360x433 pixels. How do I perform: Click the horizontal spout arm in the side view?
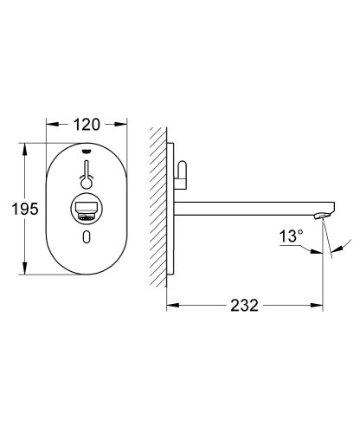pyautogui.click(x=251, y=208)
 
